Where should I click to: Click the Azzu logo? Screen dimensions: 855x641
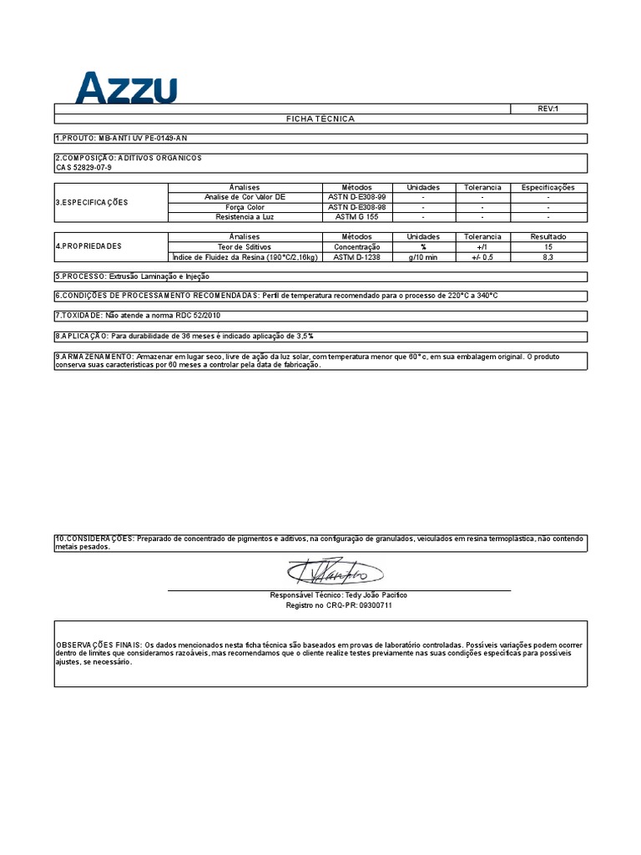126,88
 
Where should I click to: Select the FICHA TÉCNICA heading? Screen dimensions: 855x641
320,119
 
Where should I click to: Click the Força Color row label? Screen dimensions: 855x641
245,206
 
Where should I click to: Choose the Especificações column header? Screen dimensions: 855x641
548,187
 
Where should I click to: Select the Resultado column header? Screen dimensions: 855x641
548,237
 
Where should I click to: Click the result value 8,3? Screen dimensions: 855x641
548,257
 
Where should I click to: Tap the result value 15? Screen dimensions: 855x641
548,247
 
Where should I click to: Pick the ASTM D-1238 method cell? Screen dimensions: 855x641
356,257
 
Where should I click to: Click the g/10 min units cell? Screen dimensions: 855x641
422,257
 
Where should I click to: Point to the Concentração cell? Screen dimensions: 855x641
356,247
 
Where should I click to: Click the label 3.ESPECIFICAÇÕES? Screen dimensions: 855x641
92,202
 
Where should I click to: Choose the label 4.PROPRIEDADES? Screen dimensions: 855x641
88,246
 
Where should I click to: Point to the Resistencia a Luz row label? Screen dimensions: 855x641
245,216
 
